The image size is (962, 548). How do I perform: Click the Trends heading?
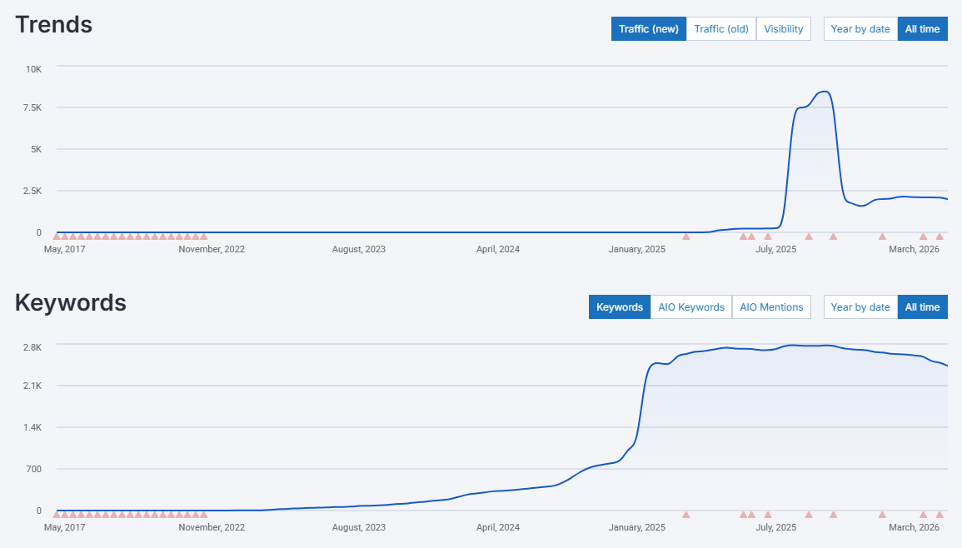pyautogui.click(x=53, y=25)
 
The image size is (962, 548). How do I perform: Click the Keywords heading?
pyautogui.click(x=71, y=303)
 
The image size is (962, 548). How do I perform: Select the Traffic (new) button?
pyautogui.click(x=649, y=29)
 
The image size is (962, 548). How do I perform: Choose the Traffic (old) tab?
pyautogui.click(x=721, y=29)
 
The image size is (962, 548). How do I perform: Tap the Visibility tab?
pyautogui.click(x=784, y=29)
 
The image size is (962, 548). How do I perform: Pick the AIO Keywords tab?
pyautogui.click(x=691, y=307)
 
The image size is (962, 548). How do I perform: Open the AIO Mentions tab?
pyautogui.click(x=771, y=307)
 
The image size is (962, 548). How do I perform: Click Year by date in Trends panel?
pyautogui.click(x=860, y=29)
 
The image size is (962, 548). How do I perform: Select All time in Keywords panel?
pyautogui.click(x=922, y=307)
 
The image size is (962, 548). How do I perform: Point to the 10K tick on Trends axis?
pyautogui.click(x=33, y=69)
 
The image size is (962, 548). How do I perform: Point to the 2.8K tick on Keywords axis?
pyautogui.click(x=31, y=347)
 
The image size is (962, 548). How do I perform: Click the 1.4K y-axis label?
pyautogui.click(x=31, y=428)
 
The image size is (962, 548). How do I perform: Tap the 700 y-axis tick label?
pyautogui.click(x=33, y=470)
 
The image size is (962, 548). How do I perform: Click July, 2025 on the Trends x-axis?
pyautogui.click(x=775, y=249)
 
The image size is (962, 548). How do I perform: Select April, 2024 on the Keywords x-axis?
pyautogui.click(x=498, y=527)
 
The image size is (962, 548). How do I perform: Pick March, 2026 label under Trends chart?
pyautogui.click(x=914, y=249)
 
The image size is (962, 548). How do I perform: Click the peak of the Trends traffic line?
pyautogui.click(x=824, y=92)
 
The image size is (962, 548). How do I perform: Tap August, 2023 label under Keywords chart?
pyautogui.click(x=359, y=527)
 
